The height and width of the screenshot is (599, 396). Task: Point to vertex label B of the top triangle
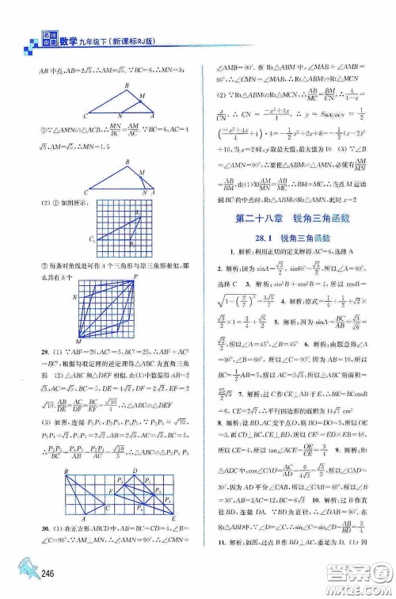[x=126, y=85]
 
